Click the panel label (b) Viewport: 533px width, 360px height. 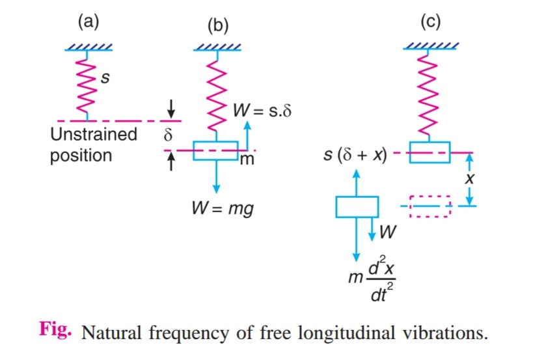pos(217,25)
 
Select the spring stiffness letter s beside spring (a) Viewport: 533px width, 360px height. pos(106,79)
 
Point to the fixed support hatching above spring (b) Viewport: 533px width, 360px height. pos(217,46)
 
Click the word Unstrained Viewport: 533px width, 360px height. pos(94,135)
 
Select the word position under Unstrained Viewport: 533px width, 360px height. pos(81,156)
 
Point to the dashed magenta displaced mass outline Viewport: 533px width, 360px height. pos(430,206)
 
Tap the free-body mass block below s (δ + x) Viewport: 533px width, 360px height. pos(357,207)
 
